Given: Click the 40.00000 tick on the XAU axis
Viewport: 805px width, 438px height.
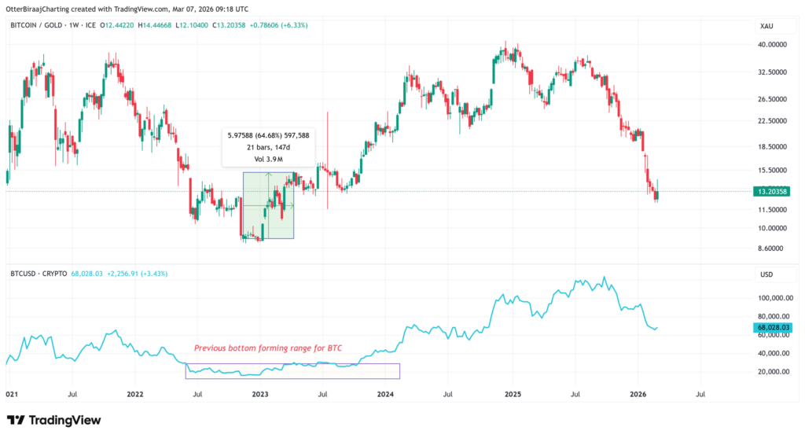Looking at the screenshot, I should (772, 45).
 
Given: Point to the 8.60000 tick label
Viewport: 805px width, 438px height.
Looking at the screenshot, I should (771, 248).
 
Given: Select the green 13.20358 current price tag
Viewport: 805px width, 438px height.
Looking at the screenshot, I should (771, 191).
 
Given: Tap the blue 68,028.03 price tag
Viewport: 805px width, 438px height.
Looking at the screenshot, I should (771, 327).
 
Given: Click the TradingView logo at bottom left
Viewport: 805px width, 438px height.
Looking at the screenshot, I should (53, 420).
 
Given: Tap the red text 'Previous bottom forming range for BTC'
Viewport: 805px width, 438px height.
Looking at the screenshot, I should (267, 348).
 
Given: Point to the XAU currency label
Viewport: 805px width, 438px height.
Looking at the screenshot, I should (767, 26).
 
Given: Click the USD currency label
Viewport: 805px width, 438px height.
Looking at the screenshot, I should (767, 274).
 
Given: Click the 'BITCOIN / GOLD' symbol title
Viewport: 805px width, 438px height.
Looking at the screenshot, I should (34, 26).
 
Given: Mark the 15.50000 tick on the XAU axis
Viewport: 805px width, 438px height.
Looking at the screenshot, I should (771, 170).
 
